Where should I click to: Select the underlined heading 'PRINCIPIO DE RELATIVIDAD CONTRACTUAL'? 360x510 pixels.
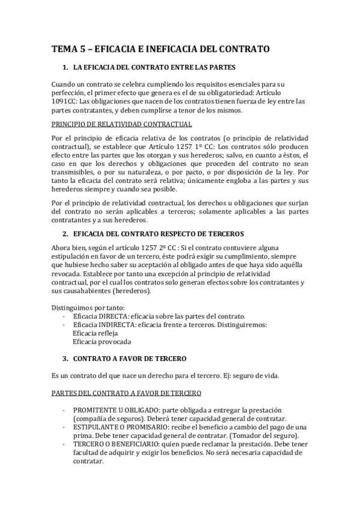[x=122, y=125]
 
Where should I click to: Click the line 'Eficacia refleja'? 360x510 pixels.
[x=95, y=333]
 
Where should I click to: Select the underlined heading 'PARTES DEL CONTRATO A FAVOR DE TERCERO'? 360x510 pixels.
[x=127, y=393]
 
